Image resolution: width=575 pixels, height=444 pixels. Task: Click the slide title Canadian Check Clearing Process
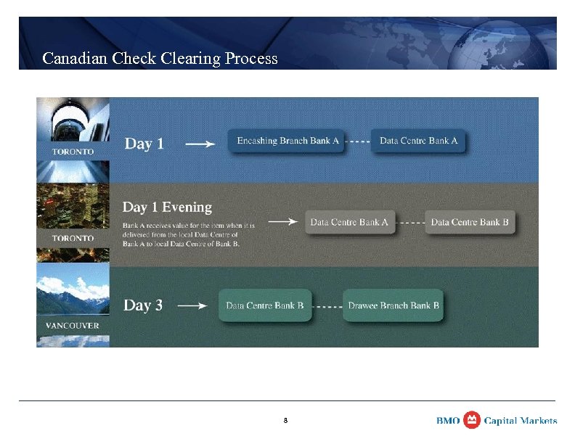tap(160, 58)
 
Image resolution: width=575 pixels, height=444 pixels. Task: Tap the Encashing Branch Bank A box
tap(288, 141)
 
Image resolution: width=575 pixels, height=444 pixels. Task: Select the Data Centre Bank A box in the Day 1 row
tap(418, 141)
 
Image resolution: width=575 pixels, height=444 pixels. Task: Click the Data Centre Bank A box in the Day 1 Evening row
tap(349, 222)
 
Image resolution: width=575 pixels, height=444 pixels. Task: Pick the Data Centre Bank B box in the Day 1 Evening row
tap(470, 222)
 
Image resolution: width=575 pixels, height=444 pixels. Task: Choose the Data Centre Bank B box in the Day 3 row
tap(265, 305)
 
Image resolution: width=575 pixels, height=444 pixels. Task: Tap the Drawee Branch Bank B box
tap(393, 305)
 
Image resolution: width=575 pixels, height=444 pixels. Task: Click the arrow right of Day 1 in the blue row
tap(200, 144)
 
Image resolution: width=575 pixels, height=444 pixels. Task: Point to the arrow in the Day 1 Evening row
tap(283, 222)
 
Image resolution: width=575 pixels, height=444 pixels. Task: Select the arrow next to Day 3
tap(192, 306)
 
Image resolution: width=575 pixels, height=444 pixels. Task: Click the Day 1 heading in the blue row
tap(144, 144)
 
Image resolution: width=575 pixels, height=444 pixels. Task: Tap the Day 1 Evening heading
tap(167, 207)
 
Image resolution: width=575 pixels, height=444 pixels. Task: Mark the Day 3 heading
tap(143, 305)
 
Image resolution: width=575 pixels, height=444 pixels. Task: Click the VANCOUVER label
tap(73, 326)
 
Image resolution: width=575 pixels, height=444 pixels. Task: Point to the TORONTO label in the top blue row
tap(73, 152)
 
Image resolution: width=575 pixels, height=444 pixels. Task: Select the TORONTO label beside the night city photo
tap(73, 239)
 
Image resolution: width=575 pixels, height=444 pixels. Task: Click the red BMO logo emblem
tap(472, 420)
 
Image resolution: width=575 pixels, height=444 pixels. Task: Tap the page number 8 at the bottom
tap(286, 420)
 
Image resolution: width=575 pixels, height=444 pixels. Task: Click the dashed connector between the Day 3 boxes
tap(327, 306)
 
